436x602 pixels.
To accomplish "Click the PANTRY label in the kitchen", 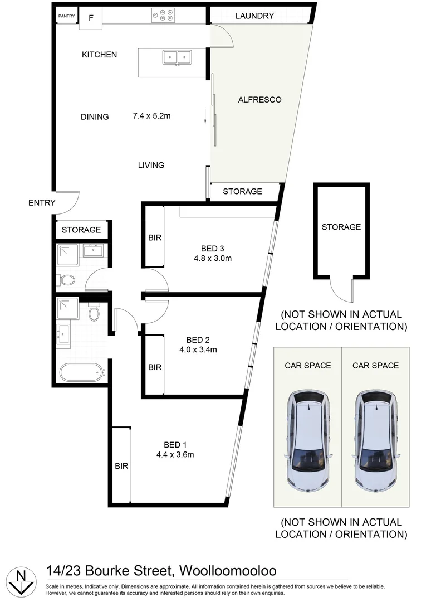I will pos(66,16).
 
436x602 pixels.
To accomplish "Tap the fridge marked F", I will pos(91,17).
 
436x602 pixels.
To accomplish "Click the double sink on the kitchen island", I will pos(177,57).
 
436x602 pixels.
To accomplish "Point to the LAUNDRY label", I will pos(254,16).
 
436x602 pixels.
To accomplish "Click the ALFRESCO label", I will pos(259,100).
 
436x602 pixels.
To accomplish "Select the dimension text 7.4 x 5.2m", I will pos(151,116).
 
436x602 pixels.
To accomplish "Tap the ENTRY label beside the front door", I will pos(42,202).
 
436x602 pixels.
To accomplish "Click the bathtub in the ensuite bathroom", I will pos(81,372).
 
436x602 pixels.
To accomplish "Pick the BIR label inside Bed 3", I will pos(155,237).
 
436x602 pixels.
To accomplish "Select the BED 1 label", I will pos(175,444).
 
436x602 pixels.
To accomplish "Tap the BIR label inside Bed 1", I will pos(121,466).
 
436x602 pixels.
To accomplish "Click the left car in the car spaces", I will pos(308,439).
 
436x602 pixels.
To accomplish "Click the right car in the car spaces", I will pos(375,439).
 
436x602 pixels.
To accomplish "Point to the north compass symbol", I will pos(21,580).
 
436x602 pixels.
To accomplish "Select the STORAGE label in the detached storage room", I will pos(341,227).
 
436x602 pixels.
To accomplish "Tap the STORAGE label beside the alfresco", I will pos(242,191).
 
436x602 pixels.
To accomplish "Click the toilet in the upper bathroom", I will pos(67,279).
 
